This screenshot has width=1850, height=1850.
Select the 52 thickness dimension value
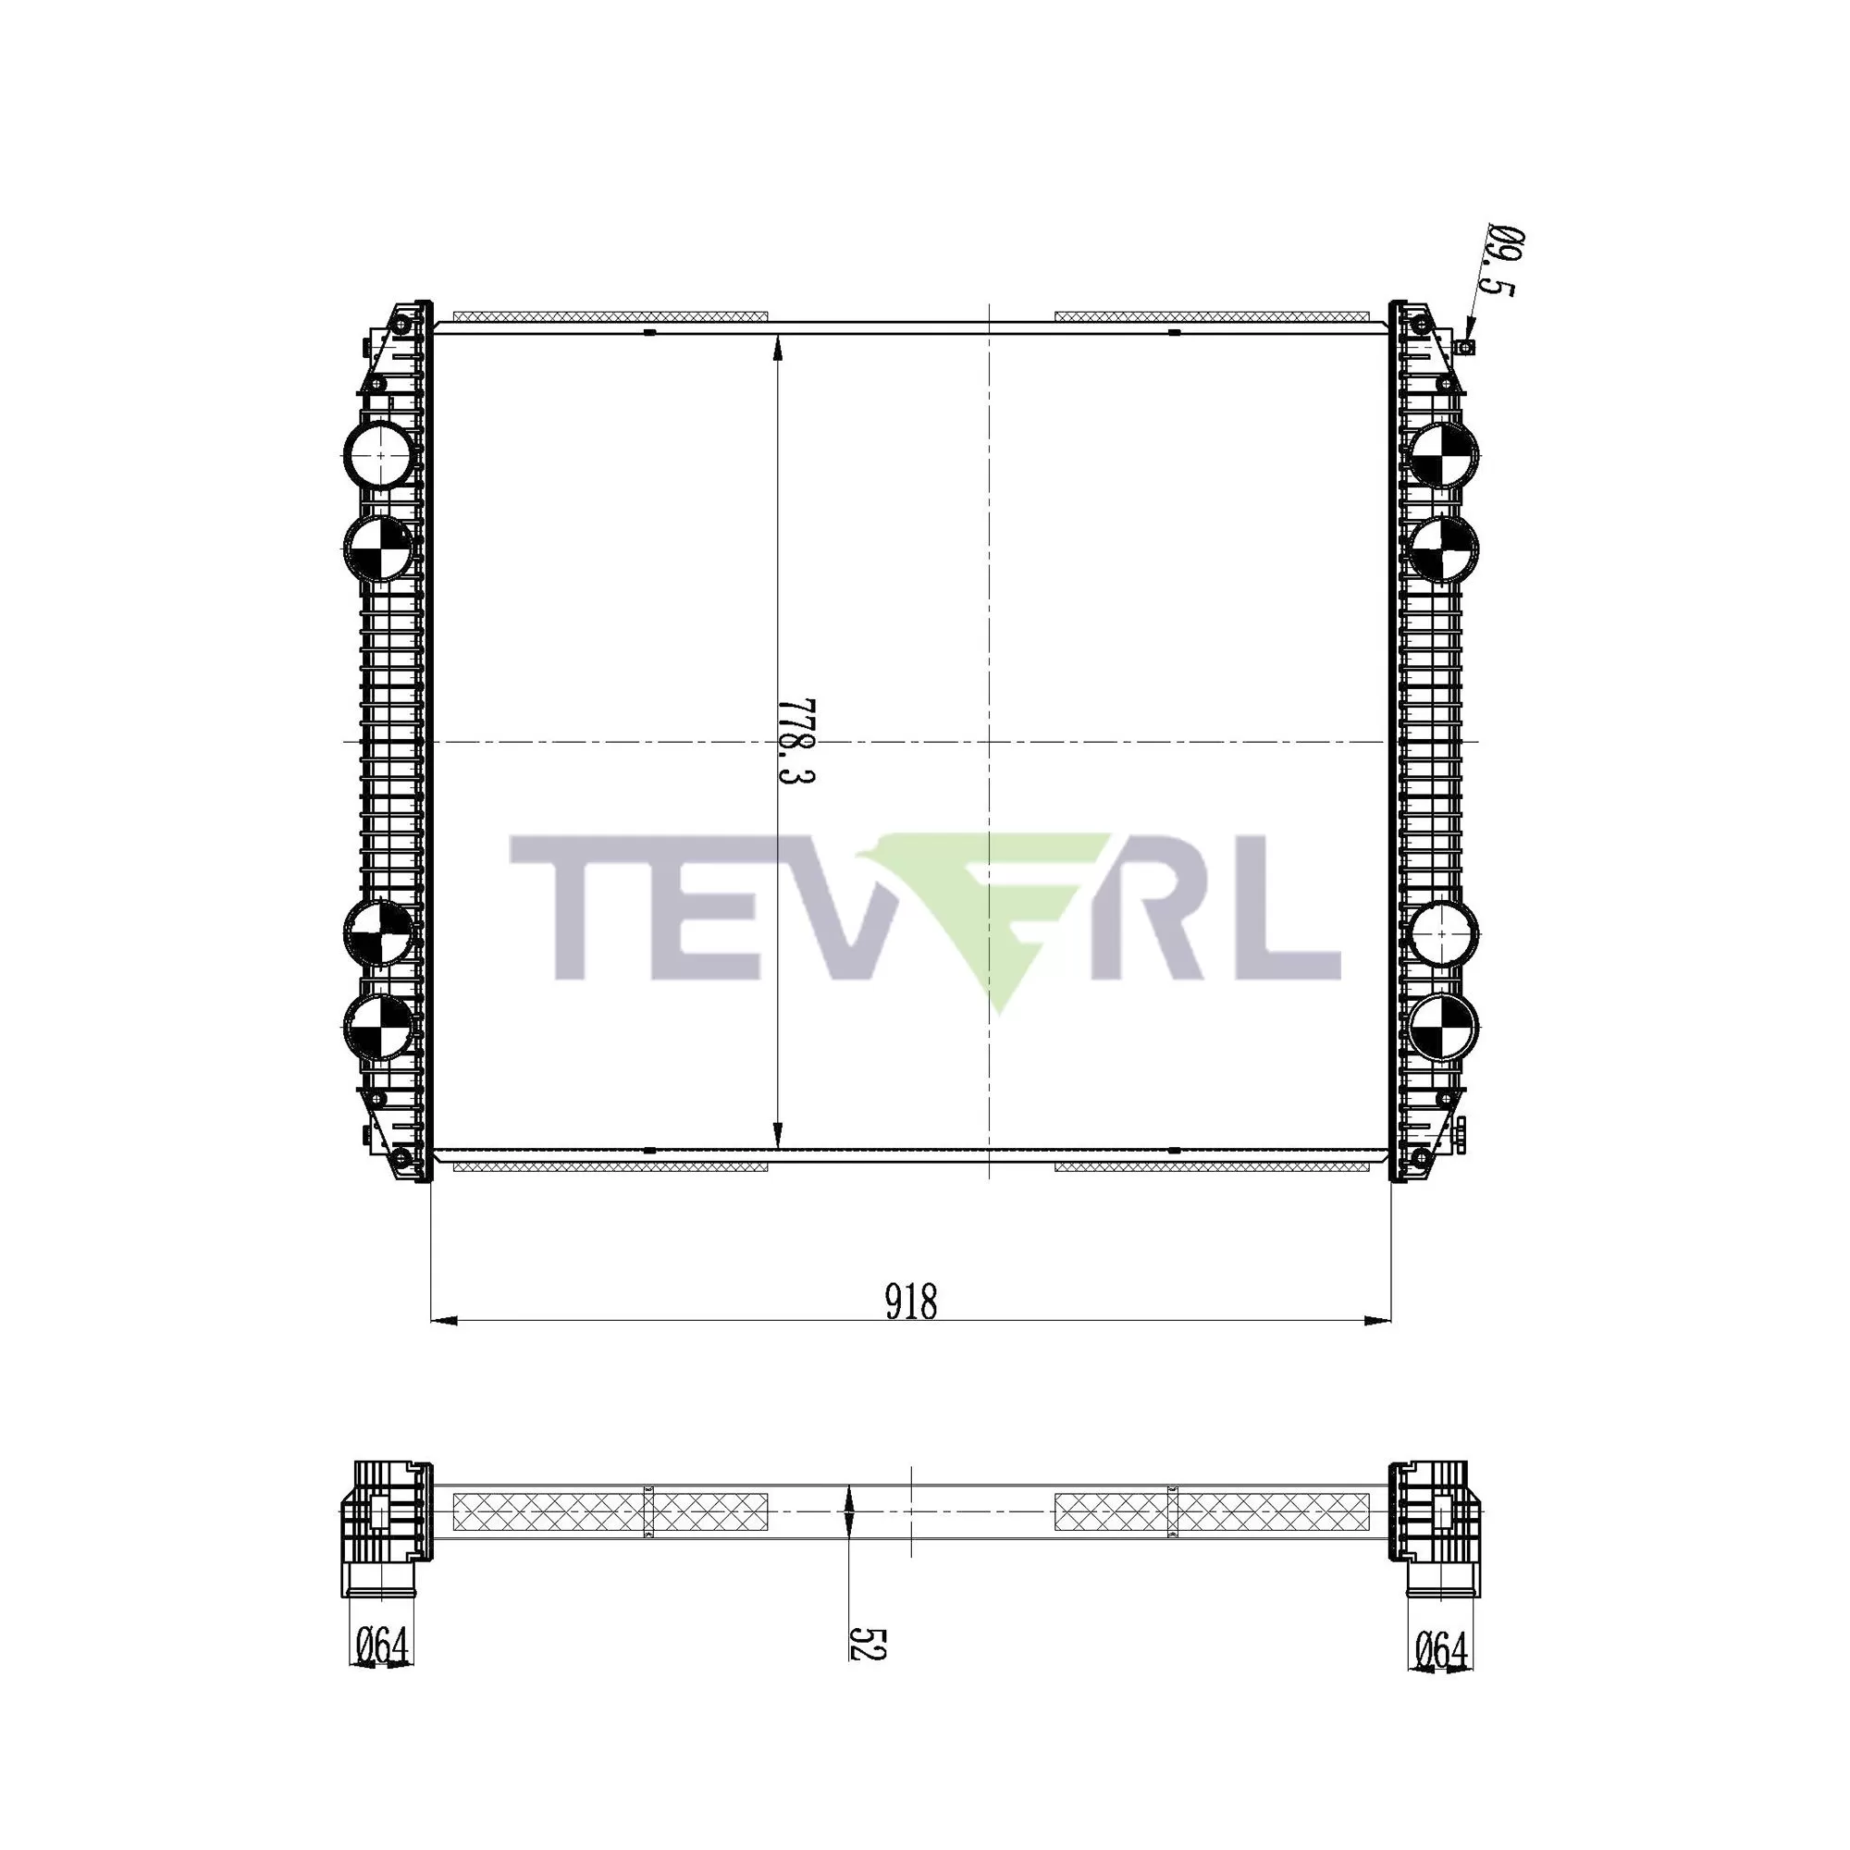click(868, 1642)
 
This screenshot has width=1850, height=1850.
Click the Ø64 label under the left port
click(382, 1646)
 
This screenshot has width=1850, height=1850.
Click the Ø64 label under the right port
click(1441, 1650)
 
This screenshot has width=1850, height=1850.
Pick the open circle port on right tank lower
click(1444, 933)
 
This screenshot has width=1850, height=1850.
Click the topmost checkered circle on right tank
click(1444, 455)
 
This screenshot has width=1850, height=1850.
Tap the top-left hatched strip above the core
click(610, 316)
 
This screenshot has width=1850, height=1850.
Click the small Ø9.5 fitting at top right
click(1466, 346)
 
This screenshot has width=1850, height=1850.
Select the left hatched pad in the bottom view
click(610, 1512)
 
